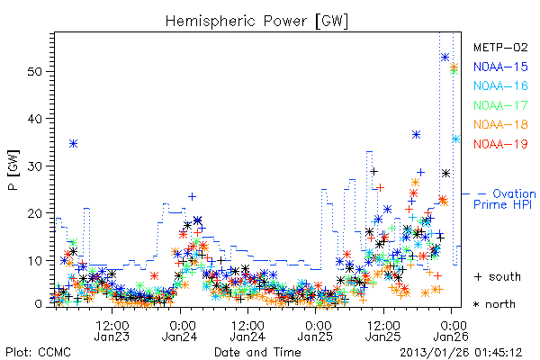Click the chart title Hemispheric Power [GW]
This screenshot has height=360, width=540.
click(x=256, y=22)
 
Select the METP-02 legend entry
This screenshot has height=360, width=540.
click(x=500, y=48)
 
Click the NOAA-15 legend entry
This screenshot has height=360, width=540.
click(x=500, y=67)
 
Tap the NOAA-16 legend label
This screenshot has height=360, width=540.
click(x=500, y=85)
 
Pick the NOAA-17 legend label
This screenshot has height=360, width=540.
click(x=500, y=105)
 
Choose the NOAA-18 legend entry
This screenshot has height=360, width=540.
click(x=500, y=124)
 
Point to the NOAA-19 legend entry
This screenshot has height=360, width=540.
click(x=500, y=144)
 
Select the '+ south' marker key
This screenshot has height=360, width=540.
click(x=498, y=276)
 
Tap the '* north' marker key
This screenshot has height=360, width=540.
click(x=494, y=304)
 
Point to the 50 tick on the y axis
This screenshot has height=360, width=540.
click(x=34, y=72)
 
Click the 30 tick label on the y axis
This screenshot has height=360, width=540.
click(x=34, y=166)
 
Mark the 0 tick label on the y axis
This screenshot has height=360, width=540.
click(x=38, y=304)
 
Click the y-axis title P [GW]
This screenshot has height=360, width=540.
click(x=13, y=170)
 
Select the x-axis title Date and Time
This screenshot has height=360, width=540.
click(x=257, y=352)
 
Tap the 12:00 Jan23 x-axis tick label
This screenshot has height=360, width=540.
click(x=112, y=330)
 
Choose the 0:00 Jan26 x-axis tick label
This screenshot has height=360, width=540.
click(x=451, y=330)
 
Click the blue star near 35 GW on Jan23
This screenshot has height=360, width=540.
click(x=74, y=143)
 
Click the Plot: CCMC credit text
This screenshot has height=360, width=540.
click(x=38, y=352)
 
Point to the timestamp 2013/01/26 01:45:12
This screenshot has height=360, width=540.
click(x=461, y=353)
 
